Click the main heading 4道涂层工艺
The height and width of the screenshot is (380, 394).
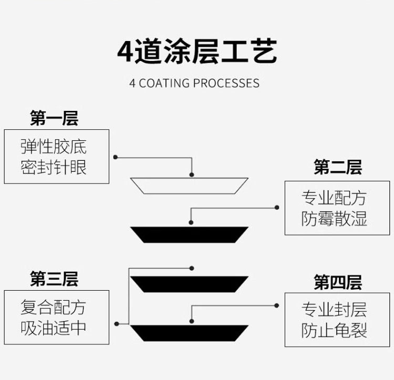coord(197,50)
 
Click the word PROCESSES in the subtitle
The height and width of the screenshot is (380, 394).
coord(226,84)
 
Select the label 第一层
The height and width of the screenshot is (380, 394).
coord(54,118)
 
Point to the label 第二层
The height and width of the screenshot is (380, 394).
coord(338,168)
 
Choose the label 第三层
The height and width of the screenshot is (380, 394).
coord(54,279)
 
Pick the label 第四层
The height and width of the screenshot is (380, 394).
coord(338,282)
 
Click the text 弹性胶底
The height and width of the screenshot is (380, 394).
coord(54,146)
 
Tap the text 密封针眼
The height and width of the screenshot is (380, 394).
coord(54,167)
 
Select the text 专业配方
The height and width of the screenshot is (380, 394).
coord(334,198)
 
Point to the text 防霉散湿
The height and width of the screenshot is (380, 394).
coord(334,219)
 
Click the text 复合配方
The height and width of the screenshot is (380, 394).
coord(54,306)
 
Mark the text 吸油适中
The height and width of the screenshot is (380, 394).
coord(54,328)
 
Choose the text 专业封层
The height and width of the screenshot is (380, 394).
coord(334,309)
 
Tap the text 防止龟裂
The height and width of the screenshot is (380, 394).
coord(334,331)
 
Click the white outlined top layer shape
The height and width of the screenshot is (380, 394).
coord(189,186)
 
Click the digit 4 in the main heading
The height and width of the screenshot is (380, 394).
coord(125,51)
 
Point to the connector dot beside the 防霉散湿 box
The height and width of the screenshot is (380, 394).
coord(277,208)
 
